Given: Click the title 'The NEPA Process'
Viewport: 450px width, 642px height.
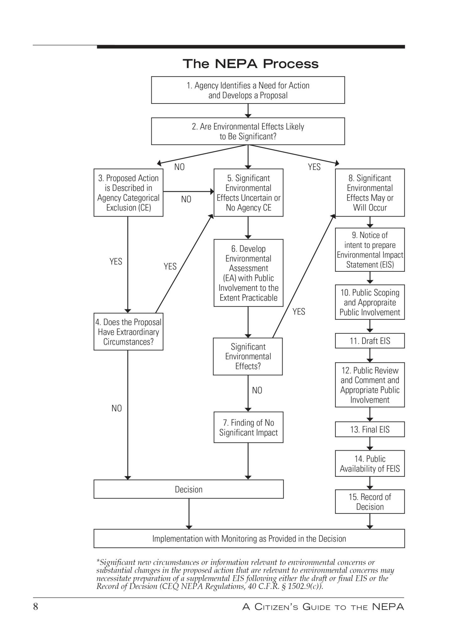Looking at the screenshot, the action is (x=250, y=64).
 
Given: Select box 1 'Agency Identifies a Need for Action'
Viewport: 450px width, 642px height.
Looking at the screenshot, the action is (x=248, y=90).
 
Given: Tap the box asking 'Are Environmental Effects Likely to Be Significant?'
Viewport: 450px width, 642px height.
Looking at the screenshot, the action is (x=248, y=131).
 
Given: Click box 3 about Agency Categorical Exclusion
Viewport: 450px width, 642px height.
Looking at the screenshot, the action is (x=128, y=192).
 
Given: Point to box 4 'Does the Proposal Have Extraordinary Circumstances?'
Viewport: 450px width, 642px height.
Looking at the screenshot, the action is (x=128, y=331).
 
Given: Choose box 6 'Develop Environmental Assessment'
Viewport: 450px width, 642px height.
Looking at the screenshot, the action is (x=248, y=273).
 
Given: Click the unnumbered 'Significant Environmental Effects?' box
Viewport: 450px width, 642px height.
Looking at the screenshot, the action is (x=248, y=356).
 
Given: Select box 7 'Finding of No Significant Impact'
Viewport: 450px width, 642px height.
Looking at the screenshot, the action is (x=248, y=427).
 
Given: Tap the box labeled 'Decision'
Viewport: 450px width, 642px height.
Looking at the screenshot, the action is (x=189, y=489).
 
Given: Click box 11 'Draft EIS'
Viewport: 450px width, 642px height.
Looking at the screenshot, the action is (x=370, y=341).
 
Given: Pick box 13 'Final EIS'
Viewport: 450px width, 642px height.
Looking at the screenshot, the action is (x=370, y=429).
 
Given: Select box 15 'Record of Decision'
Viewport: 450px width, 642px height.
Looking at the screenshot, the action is (x=370, y=502).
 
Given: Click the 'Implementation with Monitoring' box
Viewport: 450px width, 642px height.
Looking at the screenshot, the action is (x=249, y=539).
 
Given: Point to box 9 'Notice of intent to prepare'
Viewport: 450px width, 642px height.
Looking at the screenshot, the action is (x=370, y=250).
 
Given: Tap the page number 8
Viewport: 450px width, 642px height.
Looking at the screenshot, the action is (x=35, y=607).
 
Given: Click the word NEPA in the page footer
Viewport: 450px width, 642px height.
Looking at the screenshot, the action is (x=388, y=607).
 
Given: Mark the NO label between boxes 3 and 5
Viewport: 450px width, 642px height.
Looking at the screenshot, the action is (x=186, y=199).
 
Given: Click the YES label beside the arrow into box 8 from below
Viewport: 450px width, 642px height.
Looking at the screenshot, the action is (x=299, y=312).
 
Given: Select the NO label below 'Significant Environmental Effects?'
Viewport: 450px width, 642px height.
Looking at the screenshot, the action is (x=257, y=390).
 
